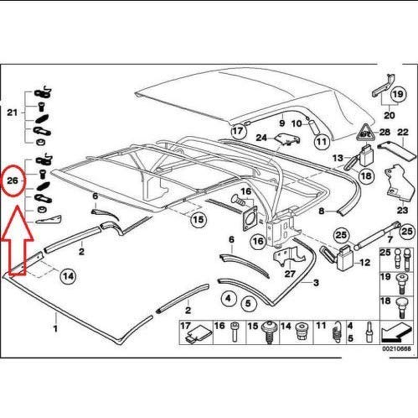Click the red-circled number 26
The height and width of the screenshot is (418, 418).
[x=15, y=180]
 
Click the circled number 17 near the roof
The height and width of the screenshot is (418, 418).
[x=237, y=131]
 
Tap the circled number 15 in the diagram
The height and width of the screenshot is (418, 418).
[x=197, y=220]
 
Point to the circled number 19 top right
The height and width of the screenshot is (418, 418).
[x=397, y=95]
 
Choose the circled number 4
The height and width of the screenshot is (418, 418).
[x=228, y=299]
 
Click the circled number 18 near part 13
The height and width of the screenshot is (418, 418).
[x=366, y=176]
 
